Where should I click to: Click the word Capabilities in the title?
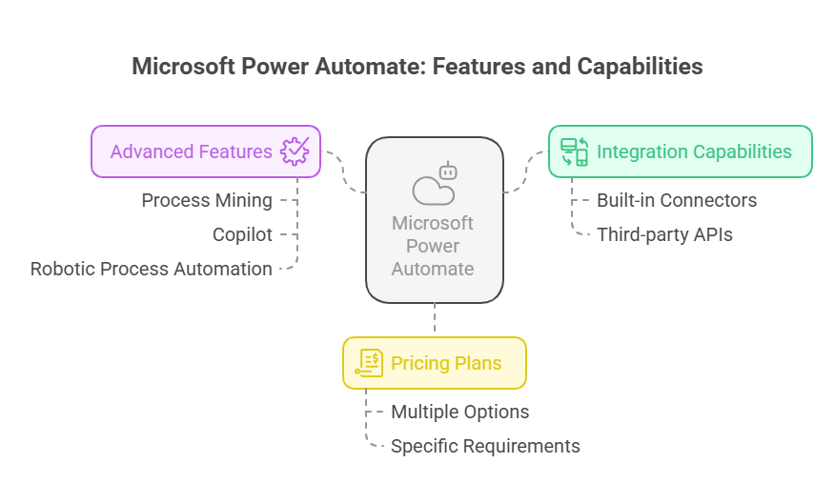[x=640, y=67]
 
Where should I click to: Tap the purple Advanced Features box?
[x=206, y=151]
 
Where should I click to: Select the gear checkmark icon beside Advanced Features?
[x=295, y=151]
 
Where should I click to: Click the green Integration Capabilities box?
[x=680, y=151]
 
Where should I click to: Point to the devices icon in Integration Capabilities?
[x=574, y=151]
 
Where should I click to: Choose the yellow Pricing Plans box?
[x=435, y=363]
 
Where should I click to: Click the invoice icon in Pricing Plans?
[x=369, y=363]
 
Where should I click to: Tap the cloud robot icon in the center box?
[x=435, y=184]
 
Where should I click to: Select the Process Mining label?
[x=207, y=201]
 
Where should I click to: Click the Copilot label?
[x=242, y=234]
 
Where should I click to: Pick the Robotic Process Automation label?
[x=152, y=269]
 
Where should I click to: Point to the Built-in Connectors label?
[x=677, y=201]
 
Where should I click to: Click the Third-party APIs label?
[x=664, y=234]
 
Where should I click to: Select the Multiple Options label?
[x=460, y=412]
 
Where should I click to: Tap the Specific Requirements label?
[x=485, y=446]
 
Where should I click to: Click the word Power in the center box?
[x=433, y=246]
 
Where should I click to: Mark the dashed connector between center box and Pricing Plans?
[x=435, y=317]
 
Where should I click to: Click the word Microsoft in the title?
[x=184, y=67]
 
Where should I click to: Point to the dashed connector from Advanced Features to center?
[x=344, y=171]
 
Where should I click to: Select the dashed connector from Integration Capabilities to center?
[x=526, y=171]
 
